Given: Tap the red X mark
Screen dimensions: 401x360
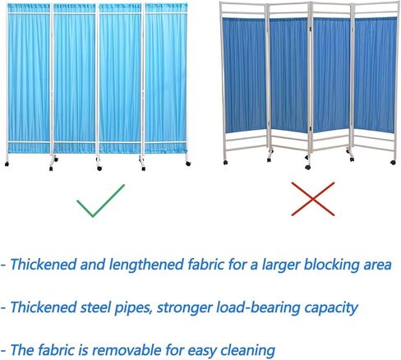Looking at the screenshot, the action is (x=312, y=199).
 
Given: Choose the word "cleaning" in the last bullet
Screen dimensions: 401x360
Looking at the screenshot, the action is (x=247, y=351).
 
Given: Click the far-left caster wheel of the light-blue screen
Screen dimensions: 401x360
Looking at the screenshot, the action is (x=7, y=164).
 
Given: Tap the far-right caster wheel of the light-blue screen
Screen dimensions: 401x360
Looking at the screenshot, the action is (x=188, y=164).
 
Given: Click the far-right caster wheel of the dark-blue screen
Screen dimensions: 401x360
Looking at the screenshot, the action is (x=393, y=163).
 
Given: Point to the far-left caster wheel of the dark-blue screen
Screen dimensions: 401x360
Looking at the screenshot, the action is (x=225, y=163).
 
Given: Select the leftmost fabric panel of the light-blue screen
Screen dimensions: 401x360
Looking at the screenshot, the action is (x=29, y=78).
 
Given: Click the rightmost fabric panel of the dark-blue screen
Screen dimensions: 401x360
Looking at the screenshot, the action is (x=376, y=75).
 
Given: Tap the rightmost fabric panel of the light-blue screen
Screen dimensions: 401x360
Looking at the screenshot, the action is (x=166, y=78).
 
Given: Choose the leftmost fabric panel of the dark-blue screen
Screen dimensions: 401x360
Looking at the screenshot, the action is (x=244, y=75).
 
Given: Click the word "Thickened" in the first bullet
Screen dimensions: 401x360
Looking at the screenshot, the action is (x=44, y=265).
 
